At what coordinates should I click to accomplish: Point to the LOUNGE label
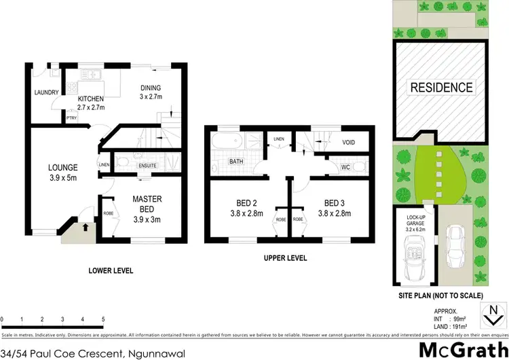click(63, 167)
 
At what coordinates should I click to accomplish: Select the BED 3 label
click(337, 203)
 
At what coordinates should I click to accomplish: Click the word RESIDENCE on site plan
click(440, 87)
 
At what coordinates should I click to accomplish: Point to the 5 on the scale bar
click(102, 319)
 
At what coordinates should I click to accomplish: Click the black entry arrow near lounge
click(85, 228)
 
